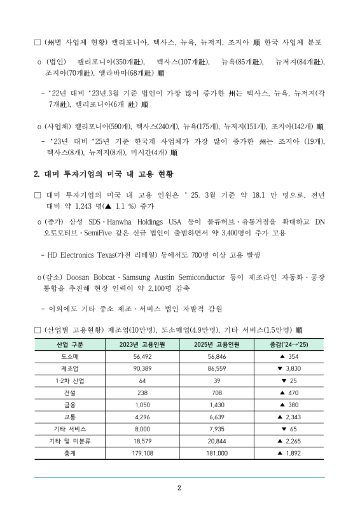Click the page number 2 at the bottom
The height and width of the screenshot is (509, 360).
[179, 489]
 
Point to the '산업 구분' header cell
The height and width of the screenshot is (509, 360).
[66, 345]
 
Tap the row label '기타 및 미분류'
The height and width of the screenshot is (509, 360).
[66, 441]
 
